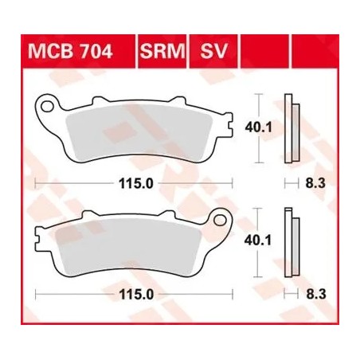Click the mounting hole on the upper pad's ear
tap(49, 104)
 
